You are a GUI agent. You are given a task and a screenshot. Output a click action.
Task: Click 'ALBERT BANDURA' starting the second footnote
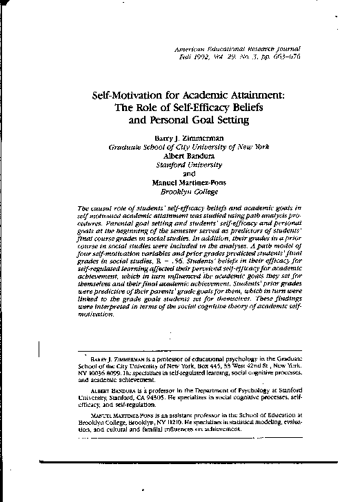[115, 390]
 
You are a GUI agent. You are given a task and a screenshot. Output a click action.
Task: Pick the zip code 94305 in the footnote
[170, 398]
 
